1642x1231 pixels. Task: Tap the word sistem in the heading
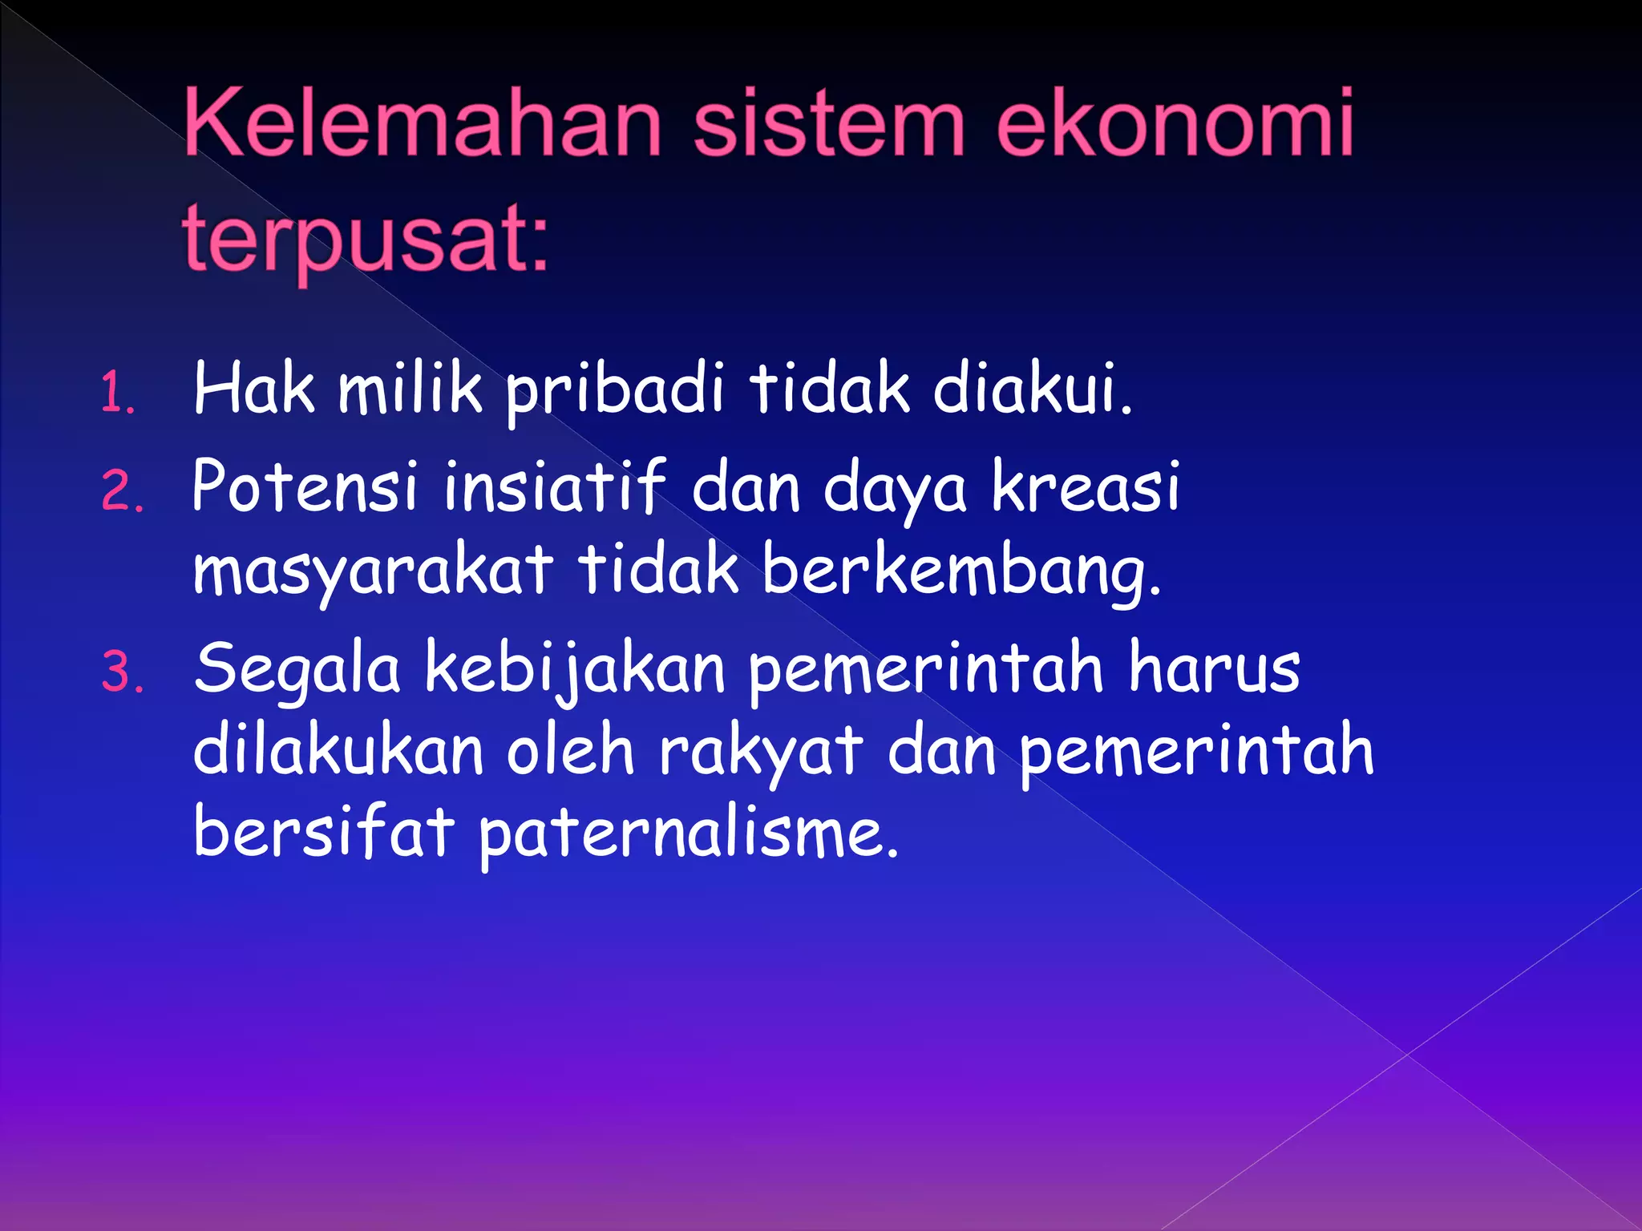tap(829, 124)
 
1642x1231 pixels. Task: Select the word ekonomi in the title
tap(1175, 124)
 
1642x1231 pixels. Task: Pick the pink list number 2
tap(122, 491)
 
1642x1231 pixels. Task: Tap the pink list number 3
tap(122, 672)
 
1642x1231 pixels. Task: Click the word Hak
tap(253, 389)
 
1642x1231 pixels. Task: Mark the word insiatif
tap(554, 486)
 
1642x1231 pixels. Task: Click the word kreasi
tap(1086, 486)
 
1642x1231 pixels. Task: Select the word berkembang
tap(961, 571)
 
